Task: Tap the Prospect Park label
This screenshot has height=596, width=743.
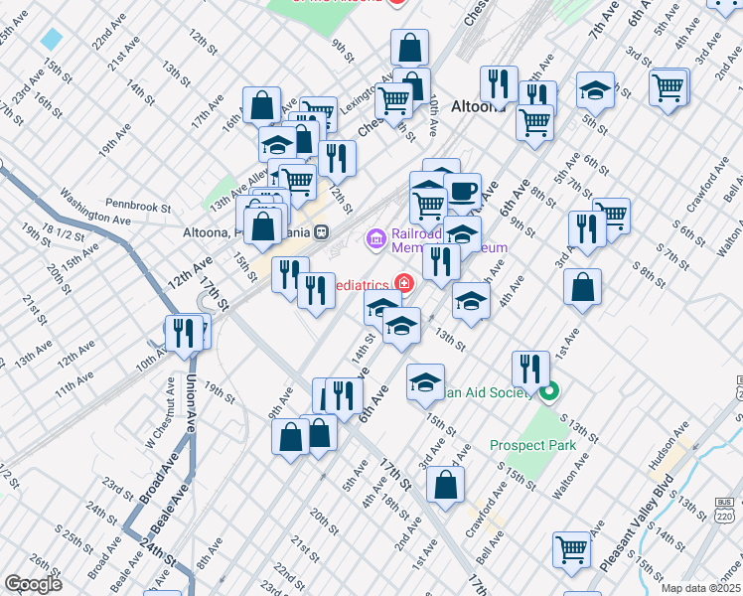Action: point(532,446)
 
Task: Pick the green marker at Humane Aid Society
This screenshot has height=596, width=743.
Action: point(550,392)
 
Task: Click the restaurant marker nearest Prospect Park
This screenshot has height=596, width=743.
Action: point(530,369)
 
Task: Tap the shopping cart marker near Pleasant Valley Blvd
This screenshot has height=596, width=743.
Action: point(572,548)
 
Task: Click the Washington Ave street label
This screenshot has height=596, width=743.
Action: point(95,207)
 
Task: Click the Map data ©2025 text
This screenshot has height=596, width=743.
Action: point(700,588)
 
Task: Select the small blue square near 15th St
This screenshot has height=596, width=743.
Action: point(52,40)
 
